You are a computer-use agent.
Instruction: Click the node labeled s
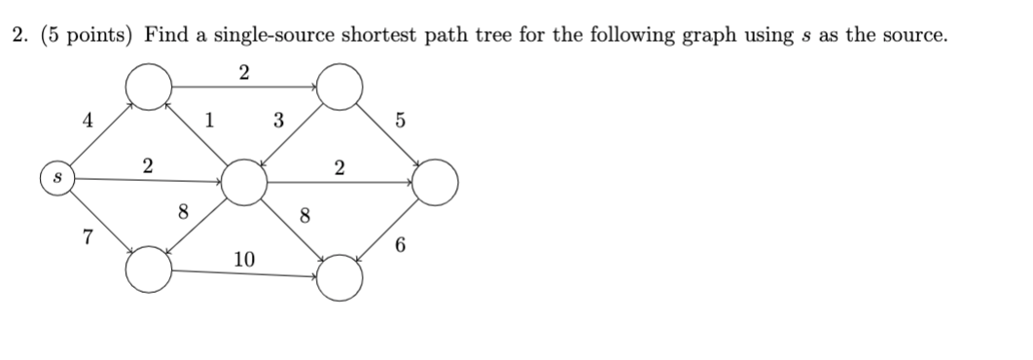56,179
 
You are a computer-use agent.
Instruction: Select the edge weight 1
209,122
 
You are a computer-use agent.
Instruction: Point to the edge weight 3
278,122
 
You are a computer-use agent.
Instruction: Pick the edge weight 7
88,237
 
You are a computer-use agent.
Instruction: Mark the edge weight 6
401,247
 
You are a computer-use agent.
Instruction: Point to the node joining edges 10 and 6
339,276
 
